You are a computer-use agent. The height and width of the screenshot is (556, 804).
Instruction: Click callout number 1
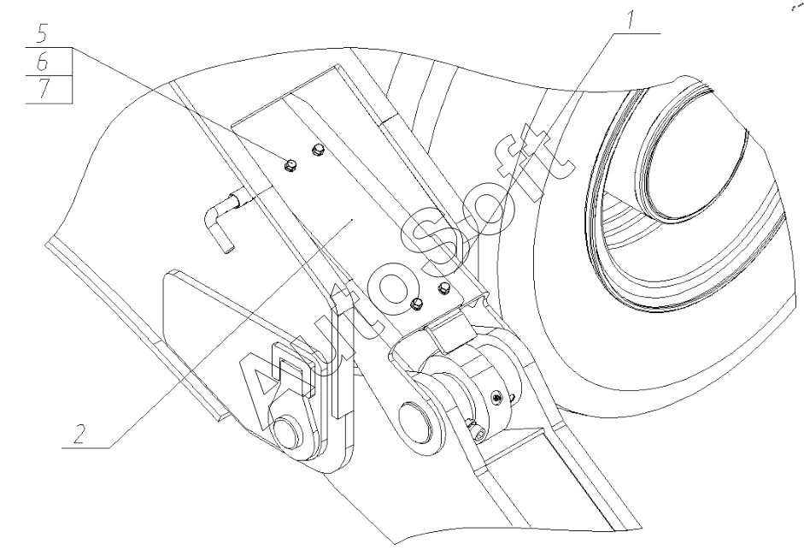pyautogui.click(x=629, y=20)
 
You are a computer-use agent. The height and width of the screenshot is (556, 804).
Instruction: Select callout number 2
pyautogui.click(x=79, y=435)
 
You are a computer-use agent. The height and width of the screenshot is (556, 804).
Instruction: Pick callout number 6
pyautogui.click(x=43, y=62)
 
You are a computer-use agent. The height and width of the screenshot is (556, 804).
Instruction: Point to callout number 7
pyautogui.click(x=44, y=89)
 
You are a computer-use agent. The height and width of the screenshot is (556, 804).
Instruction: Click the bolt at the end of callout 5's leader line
pyautogui.click(x=290, y=165)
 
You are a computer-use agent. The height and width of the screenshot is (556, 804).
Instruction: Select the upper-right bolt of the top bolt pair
pyautogui.click(x=319, y=150)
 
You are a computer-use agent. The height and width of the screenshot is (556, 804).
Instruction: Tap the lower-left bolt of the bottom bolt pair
pyautogui.click(x=418, y=304)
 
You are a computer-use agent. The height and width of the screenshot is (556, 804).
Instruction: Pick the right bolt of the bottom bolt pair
pyautogui.click(x=444, y=288)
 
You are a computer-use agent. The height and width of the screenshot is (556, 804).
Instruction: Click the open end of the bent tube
pyautogui.click(x=226, y=249)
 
